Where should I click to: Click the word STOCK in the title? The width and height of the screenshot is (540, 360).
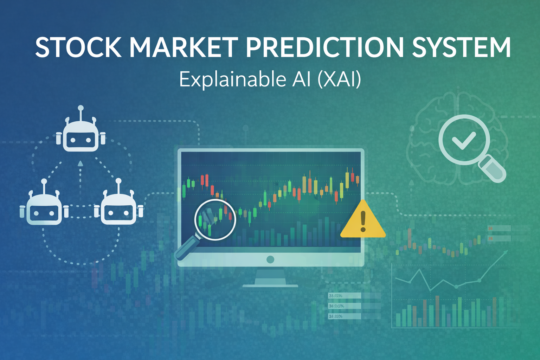(x=78, y=47)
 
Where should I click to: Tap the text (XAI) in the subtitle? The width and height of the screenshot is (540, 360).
(x=339, y=79)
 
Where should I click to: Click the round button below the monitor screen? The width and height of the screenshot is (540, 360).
(x=270, y=259)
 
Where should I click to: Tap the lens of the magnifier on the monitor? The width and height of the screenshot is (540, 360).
(x=215, y=220)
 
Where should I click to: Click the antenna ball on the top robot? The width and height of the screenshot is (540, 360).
(x=81, y=108)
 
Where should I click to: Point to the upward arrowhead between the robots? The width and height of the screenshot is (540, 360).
(x=81, y=163)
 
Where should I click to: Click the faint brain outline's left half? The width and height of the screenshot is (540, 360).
(x=431, y=141)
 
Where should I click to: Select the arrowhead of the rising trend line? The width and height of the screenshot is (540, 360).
(x=506, y=252)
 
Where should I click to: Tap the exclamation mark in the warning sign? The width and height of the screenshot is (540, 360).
(x=363, y=221)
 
